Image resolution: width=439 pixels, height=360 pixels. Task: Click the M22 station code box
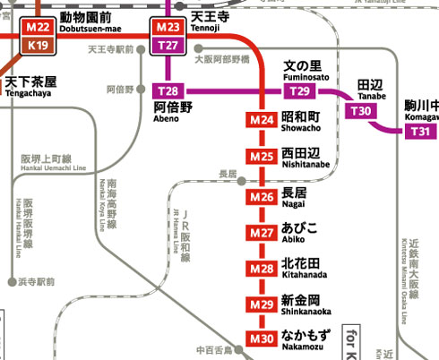38,27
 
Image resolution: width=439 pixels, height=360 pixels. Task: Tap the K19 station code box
38,45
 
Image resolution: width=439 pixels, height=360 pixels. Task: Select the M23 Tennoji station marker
168,27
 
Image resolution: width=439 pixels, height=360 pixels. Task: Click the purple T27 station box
168,45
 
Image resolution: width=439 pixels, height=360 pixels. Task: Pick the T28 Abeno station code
168,91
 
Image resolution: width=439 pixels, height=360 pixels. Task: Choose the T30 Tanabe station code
361,110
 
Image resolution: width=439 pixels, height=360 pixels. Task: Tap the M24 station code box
262,120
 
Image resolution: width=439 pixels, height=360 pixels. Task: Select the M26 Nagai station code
262,196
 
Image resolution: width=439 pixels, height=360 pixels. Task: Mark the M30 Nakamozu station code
262,339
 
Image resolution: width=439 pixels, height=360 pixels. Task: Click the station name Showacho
300,122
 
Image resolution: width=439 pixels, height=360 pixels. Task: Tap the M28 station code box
262,269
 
